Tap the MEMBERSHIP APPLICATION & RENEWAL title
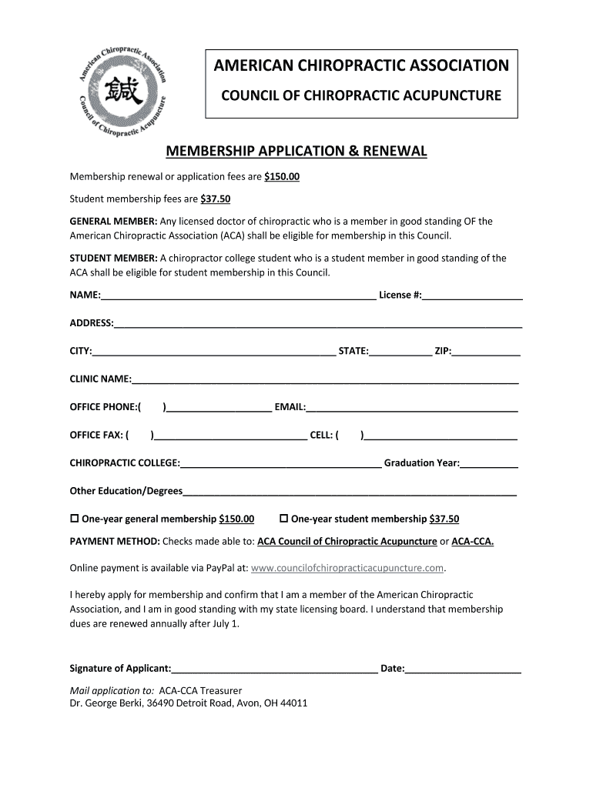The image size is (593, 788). (x=296, y=151)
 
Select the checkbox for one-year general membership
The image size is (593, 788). (x=75, y=518)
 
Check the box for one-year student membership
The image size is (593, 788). (x=283, y=518)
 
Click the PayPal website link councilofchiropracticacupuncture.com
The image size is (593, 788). (x=348, y=568)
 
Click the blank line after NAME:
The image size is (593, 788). (x=239, y=296)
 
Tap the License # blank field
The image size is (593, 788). (x=472, y=296)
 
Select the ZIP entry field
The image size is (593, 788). (x=486, y=352)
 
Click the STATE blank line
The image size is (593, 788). (x=400, y=352)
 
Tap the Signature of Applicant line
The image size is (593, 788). (x=274, y=669)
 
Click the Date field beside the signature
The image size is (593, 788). (x=464, y=669)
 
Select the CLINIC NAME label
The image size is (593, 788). (x=100, y=379)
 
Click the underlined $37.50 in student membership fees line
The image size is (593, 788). (x=216, y=199)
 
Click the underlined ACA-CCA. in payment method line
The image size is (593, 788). (x=472, y=541)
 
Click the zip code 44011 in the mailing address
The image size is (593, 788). (x=293, y=703)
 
